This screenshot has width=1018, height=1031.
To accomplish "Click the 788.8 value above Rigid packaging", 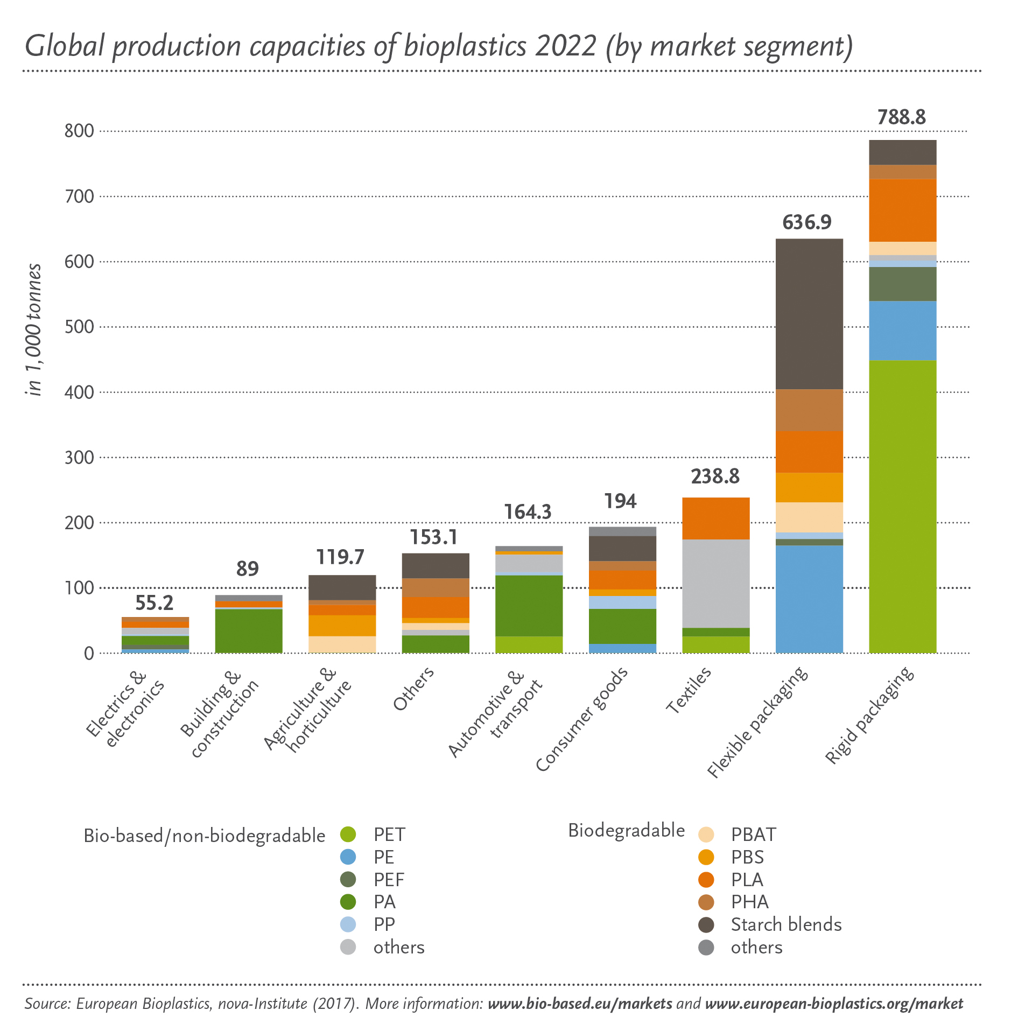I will [902, 117].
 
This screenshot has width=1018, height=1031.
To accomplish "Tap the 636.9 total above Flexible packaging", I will [807, 222].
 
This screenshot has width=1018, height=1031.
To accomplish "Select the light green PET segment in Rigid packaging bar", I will [902, 506].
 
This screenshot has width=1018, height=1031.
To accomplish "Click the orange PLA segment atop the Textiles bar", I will [715, 518].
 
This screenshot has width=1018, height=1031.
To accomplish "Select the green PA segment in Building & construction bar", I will [248, 630].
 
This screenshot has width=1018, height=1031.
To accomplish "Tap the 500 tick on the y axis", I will [79, 327].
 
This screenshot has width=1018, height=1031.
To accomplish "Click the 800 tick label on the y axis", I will [79, 131].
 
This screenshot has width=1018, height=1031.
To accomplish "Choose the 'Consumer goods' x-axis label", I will [581, 719].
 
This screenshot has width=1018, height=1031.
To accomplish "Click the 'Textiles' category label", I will [689, 690].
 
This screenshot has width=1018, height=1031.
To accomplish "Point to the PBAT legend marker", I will [706, 834].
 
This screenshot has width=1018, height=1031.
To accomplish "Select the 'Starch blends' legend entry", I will [785, 924].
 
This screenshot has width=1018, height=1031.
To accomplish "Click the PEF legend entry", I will [389, 880].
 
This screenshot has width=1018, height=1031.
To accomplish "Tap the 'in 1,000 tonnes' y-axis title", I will [34, 329].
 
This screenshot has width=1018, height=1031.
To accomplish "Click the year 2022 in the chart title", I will [565, 46].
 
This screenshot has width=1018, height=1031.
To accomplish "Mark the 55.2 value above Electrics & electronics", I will [155, 603].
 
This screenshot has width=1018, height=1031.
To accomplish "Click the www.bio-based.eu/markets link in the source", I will [579, 1004].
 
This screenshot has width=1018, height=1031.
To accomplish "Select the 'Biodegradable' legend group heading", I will [626, 830].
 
